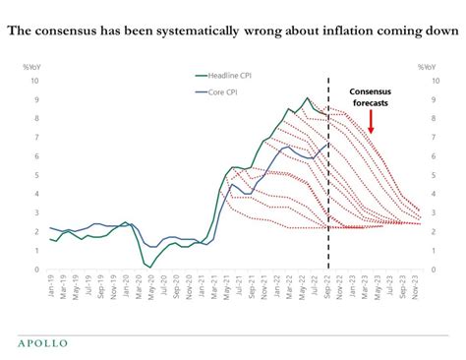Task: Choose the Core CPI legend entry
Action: tap(223, 92)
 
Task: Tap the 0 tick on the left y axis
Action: tap(35, 270)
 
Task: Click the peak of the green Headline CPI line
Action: tap(307, 97)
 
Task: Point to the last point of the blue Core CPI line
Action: tap(327, 144)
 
